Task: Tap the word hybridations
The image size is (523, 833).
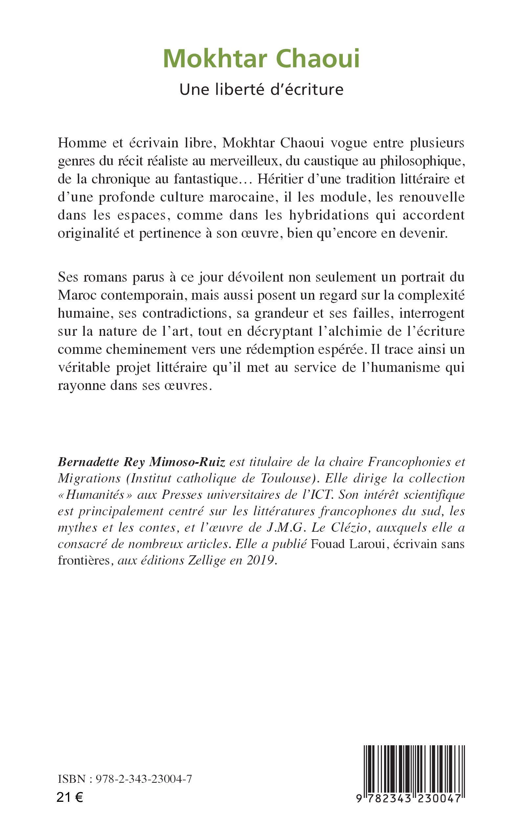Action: coord(329,215)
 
